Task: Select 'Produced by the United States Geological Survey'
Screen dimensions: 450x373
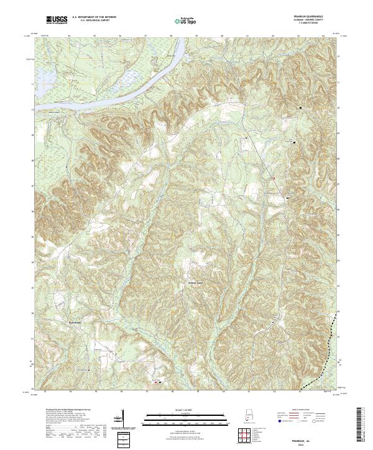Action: point(59,410)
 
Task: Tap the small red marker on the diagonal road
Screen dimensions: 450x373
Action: point(274,178)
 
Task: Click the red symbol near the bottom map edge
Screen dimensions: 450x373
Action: point(155,382)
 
